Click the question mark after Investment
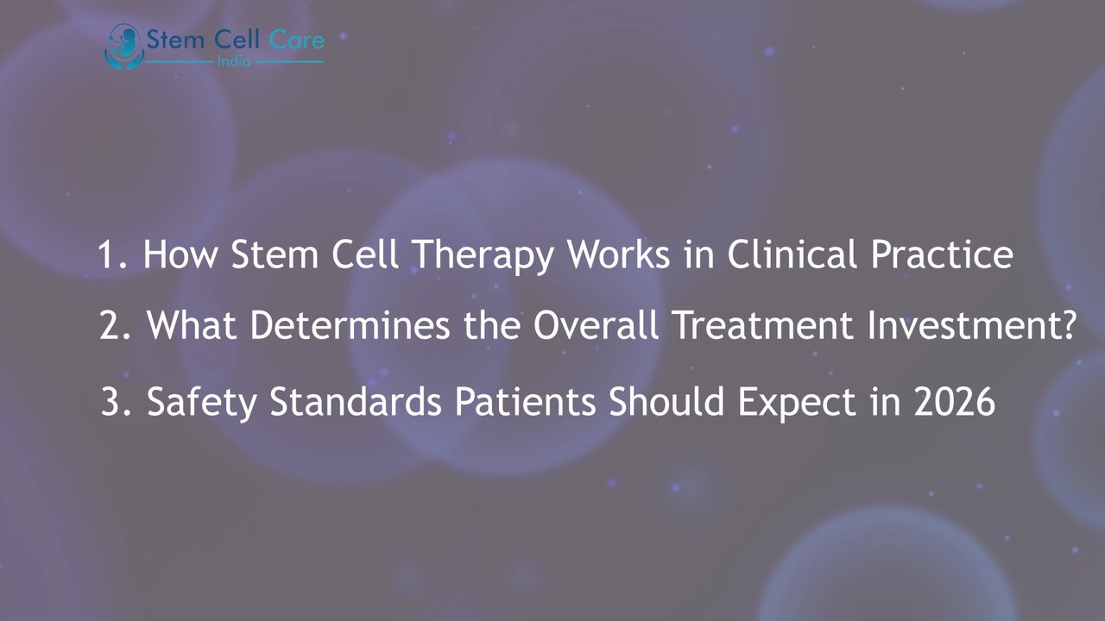1067,326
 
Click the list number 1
108,255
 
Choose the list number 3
110,402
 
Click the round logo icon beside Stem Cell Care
122,46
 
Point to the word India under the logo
234,63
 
